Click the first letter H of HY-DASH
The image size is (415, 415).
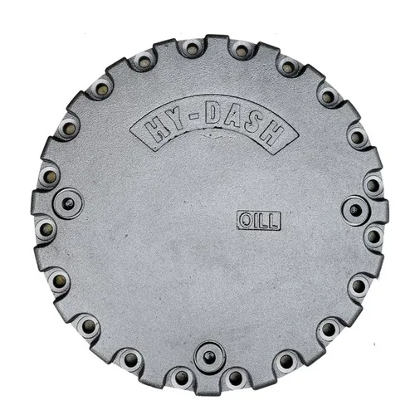tap(156, 129)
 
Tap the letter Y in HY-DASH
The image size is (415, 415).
tap(176, 120)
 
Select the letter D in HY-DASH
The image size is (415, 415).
tap(214, 113)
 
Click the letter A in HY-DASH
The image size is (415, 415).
tap(236, 117)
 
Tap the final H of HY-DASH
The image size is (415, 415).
tap(271, 134)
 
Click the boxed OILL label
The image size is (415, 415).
tap(259, 221)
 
